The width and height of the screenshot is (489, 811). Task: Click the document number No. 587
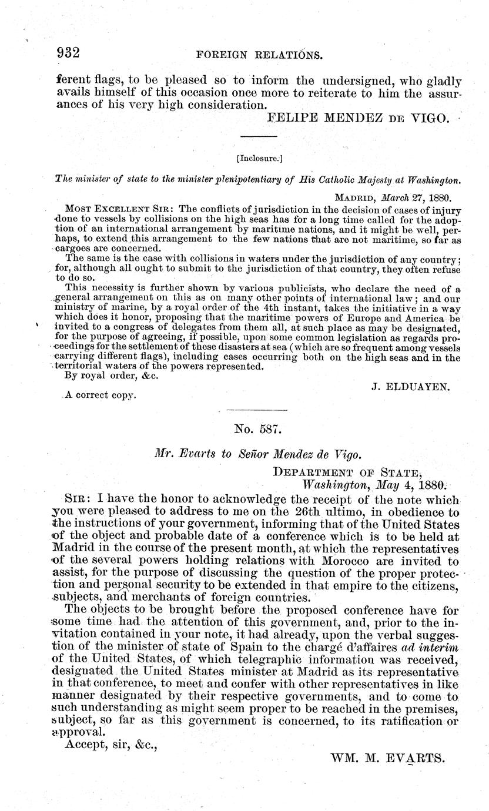pos(251,430)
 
